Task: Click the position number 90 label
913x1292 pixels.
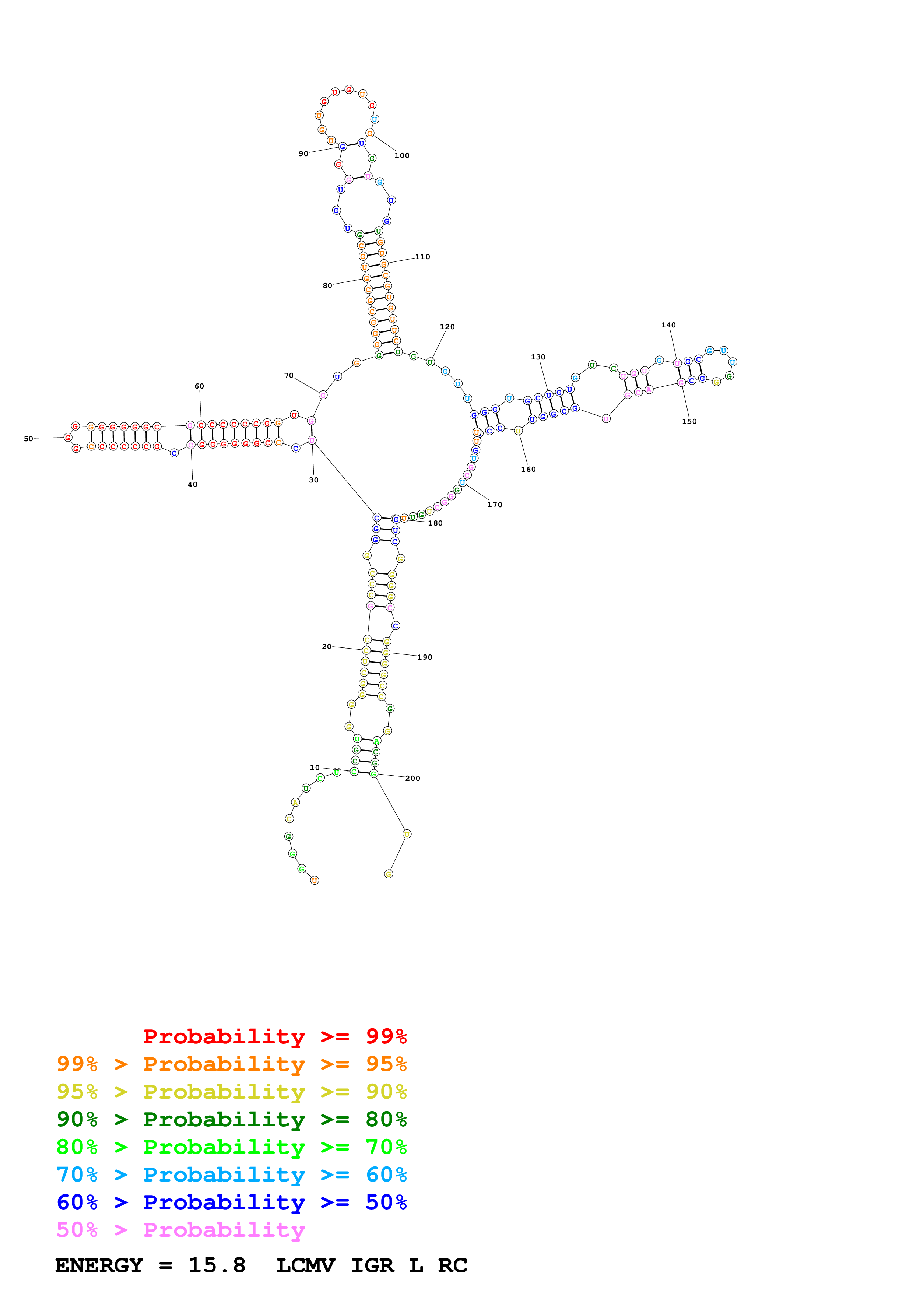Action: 303,154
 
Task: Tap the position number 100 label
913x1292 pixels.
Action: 402,155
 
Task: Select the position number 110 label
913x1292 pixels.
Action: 422,257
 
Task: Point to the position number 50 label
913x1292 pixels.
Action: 28,438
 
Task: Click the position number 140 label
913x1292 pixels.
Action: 668,325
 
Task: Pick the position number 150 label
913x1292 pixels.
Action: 689,421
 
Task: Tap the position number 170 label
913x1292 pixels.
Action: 495,504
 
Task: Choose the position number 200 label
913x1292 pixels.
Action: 412,778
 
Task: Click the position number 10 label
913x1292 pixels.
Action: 315,768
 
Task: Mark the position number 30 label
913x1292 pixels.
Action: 313,480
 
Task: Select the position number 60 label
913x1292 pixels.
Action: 199,386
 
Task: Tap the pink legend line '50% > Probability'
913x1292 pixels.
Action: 180,1229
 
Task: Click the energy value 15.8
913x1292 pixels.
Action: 217,1265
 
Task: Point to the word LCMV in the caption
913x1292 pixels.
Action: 305,1265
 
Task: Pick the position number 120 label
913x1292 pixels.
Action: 447,326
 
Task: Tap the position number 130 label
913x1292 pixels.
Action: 538,357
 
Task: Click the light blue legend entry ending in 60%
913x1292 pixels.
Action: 231,1175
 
